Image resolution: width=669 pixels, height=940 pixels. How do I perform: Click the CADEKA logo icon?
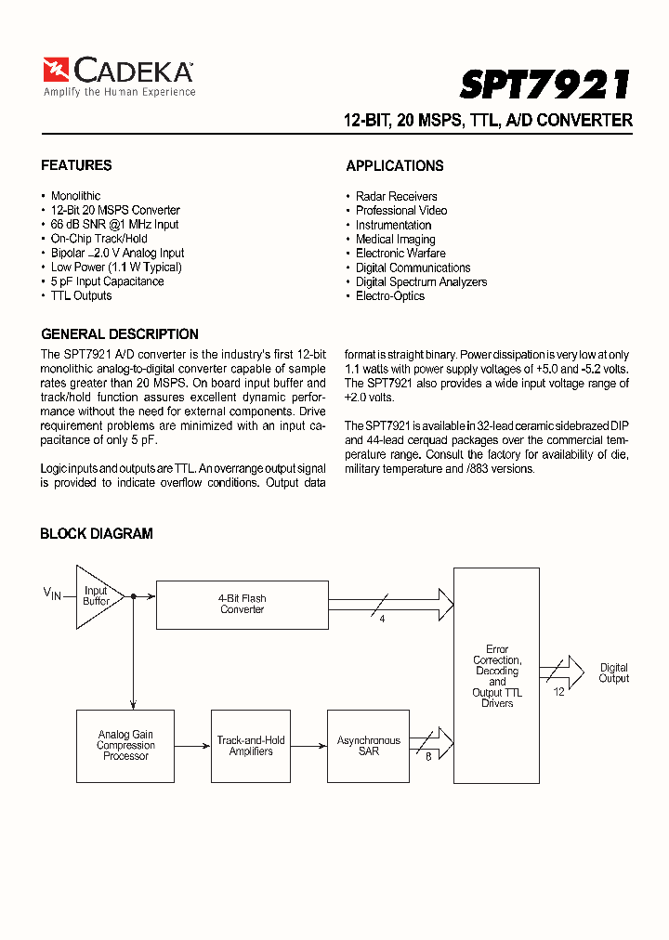point(56,71)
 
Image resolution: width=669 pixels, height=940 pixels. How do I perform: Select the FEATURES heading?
point(76,165)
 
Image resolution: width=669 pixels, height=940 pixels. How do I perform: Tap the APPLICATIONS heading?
point(395,166)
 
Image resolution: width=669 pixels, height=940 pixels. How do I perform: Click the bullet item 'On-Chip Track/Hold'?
point(98,239)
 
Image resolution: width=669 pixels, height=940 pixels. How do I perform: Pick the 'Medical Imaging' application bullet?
point(395,240)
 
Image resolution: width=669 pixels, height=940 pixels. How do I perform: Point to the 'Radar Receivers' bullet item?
point(396,197)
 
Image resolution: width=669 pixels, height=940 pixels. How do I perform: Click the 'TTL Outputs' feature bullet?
point(81,296)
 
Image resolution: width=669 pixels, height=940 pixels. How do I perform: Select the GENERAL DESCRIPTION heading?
point(120,334)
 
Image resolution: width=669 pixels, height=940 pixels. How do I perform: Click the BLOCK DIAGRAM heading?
point(97,534)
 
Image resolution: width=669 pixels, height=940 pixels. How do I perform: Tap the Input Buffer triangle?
point(95,595)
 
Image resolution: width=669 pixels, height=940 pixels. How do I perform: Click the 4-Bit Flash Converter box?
point(242,605)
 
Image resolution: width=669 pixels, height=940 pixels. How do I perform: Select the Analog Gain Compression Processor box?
point(125,746)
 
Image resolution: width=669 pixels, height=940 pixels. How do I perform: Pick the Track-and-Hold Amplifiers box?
point(251,746)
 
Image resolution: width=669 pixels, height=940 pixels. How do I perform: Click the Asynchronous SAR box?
point(369,746)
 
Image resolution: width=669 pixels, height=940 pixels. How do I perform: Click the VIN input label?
point(51,593)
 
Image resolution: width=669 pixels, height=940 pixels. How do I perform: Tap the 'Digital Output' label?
point(613,673)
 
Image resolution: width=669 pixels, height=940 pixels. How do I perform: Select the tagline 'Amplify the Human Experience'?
point(119,93)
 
